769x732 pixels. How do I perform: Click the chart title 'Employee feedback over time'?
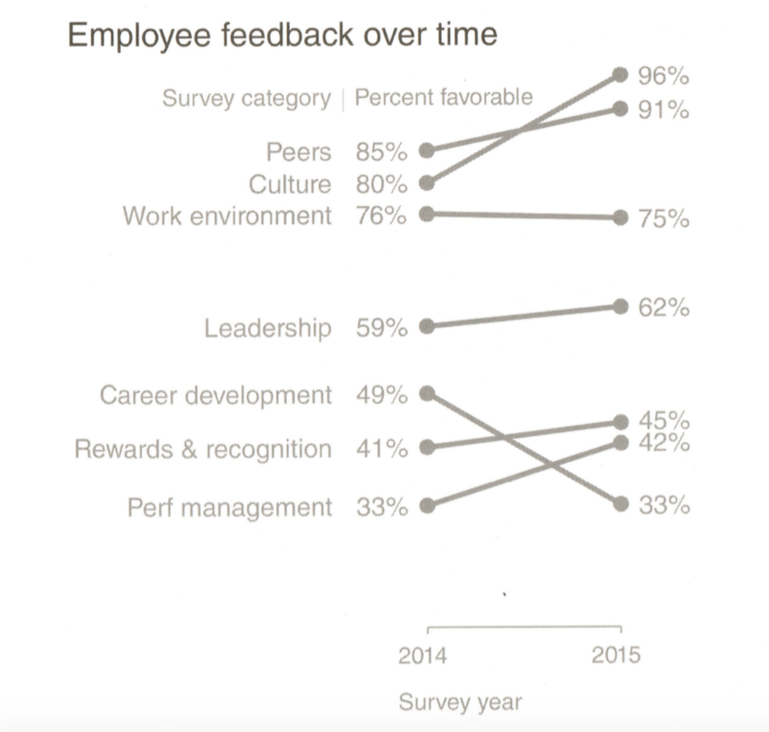click(282, 34)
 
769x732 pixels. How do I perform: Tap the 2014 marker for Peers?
click(427, 150)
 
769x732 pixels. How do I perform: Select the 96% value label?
click(663, 76)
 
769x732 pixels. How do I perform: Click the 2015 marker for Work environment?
click(621, 217)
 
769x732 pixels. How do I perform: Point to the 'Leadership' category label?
click(268, 328)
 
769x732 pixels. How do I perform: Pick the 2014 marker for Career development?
click(427, 394)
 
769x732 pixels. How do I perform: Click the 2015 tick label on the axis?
click(616, 655)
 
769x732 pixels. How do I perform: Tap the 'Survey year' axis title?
click(460, 702)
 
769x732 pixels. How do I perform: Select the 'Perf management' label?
click(230, 508)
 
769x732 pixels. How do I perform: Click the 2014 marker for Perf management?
click(427, 506)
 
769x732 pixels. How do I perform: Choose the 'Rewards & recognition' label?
click(203, 449)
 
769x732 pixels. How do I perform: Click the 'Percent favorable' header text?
click(444, 97)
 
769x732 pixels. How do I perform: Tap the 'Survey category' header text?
click(246, 98)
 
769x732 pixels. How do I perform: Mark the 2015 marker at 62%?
click(621, 307)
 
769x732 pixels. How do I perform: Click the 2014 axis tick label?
click(422, 656)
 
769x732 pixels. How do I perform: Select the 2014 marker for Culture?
click(427, 183)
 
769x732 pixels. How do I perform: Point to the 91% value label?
click(663, 110)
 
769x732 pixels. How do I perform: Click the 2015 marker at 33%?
click(621, 504)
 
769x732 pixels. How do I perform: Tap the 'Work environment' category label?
click(227, 216)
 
